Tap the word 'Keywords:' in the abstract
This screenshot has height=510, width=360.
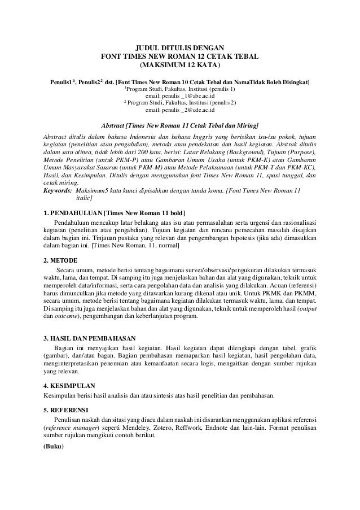(x=59, y=191)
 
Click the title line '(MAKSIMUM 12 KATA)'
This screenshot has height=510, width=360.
(x=179, y=66)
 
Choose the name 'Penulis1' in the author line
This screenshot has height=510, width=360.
(x=61, y=82)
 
